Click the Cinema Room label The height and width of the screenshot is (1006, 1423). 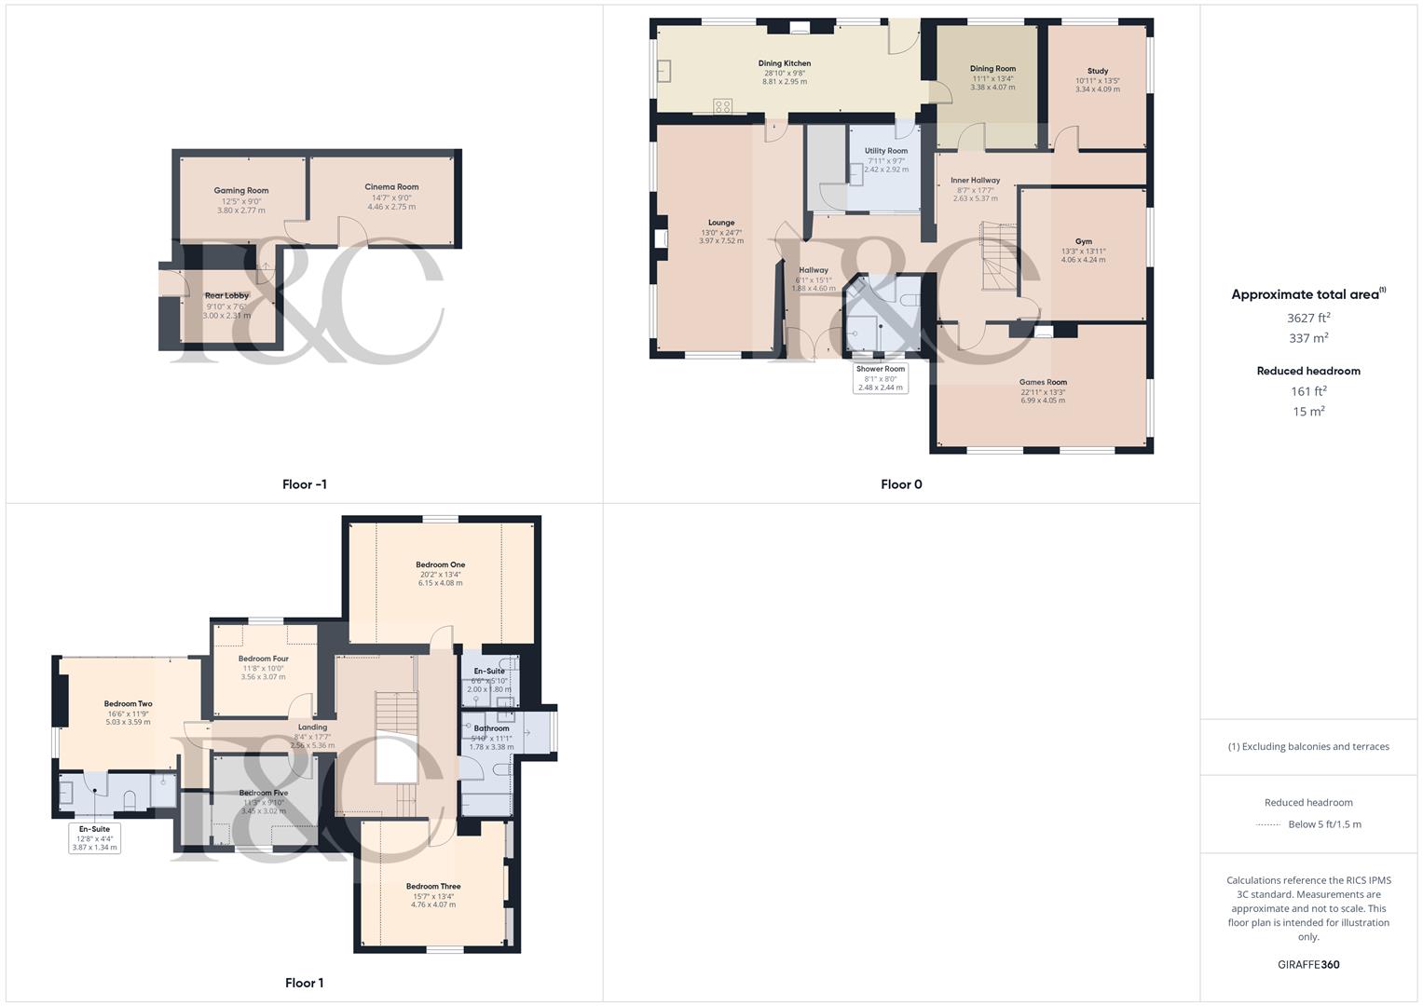tap(391, 187)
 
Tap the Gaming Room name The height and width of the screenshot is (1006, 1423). tap(240, 191)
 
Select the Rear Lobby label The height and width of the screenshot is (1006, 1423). tap(226, 296)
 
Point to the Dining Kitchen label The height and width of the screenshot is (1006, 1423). tap(784, 63)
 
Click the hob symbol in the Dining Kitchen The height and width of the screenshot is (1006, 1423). tap(722, 106)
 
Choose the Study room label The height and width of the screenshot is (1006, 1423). tap(1097, 71)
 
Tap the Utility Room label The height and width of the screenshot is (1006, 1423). tap(885, 151)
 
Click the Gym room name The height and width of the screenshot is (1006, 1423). tap(1083, 241)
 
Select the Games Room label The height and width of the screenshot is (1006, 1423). tap(1043, 382)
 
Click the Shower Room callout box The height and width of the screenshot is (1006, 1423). tap(880, 377)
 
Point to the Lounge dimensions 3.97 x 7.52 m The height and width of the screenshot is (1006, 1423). tap(721, 241)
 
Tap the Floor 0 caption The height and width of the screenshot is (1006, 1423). tap(901, 484)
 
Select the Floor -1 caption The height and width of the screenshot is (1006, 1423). tap(305, 484)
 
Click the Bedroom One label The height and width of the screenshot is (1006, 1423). tap(440, 564)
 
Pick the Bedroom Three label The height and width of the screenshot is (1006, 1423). tap(433, 887)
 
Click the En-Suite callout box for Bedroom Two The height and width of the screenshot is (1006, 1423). tap(94, 837)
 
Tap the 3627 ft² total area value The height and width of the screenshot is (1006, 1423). tap(1308, 319)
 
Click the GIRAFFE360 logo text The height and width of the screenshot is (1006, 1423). tap(1308, 964)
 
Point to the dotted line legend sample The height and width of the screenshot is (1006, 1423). tap(1267, 824)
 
